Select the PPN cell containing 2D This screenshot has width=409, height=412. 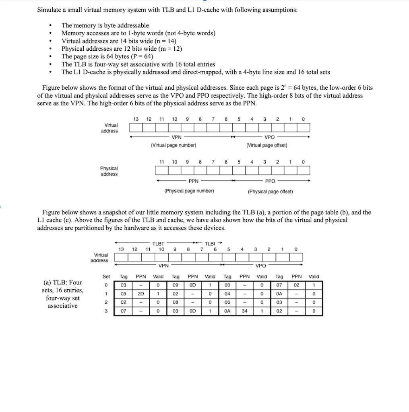click(141, 294)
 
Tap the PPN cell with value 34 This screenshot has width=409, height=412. click(244, 311)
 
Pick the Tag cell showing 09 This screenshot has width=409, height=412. click(175, 285)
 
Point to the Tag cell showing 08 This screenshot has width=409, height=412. click(175, 303)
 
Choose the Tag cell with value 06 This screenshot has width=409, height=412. click(227, 303)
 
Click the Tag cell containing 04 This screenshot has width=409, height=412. click(227, 294)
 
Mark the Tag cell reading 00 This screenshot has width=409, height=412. click(227, 285)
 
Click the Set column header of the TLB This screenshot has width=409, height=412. click(106, 276)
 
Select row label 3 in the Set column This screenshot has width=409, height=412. click(106, 311)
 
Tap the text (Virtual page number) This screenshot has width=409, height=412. click(174, 145)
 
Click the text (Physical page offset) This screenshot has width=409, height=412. click(271, 192)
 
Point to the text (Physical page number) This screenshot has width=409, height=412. click(189, 191)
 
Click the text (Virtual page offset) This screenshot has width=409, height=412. click(266, 145)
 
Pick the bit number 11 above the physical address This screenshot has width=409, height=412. click(162, 162)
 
